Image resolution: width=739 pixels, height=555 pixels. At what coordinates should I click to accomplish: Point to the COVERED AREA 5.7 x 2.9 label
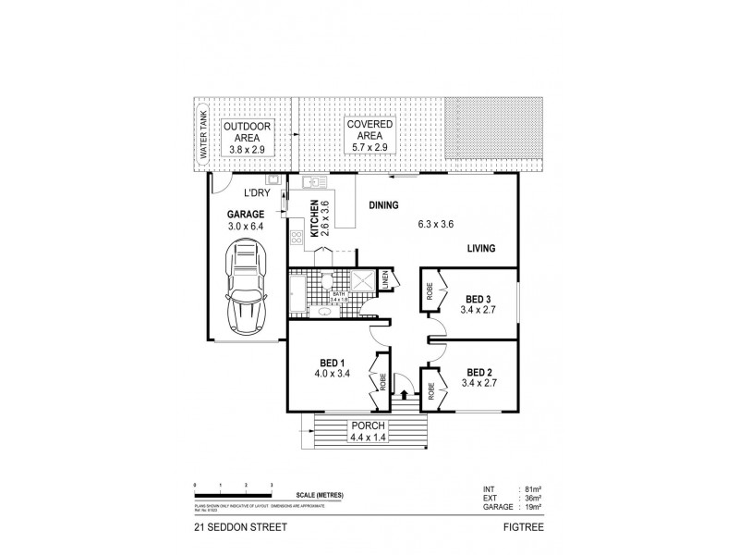tap(369, 135)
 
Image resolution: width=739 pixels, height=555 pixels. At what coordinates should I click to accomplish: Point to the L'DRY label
tap(256, 194)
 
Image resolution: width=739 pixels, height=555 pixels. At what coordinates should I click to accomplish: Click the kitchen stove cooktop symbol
tap(297, 239)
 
